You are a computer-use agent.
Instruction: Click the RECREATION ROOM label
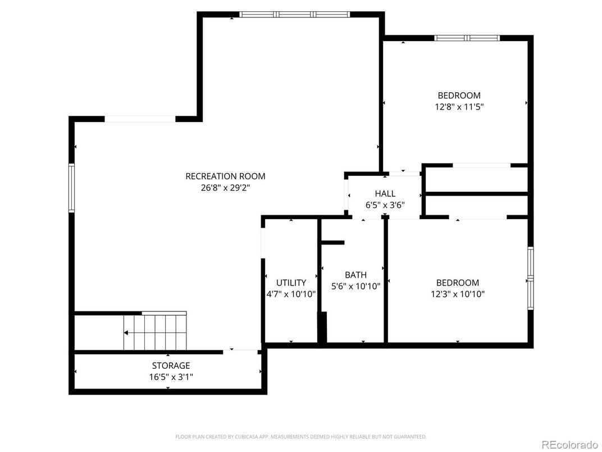225,176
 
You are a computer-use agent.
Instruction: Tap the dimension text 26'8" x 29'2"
225,188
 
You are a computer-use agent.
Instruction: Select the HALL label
385,193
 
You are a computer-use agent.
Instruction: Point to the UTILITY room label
291,283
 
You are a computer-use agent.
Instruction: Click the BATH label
355,275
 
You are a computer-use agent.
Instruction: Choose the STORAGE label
171,365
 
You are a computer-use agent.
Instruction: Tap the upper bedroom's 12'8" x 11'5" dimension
459,106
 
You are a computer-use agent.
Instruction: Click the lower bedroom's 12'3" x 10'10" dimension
458,293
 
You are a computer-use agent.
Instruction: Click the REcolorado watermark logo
569,445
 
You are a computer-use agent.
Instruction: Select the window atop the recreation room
294,15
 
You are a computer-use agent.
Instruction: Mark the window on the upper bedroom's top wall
467,38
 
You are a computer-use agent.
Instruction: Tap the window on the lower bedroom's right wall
530,278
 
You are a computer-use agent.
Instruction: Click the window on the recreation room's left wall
72,188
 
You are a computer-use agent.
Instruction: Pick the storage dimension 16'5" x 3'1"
171,377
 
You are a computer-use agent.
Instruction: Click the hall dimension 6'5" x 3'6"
385,205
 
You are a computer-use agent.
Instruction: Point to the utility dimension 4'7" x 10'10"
291,293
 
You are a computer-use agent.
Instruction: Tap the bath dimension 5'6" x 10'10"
355,286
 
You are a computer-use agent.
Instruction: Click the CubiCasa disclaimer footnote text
300,436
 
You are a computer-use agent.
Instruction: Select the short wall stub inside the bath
332,243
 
